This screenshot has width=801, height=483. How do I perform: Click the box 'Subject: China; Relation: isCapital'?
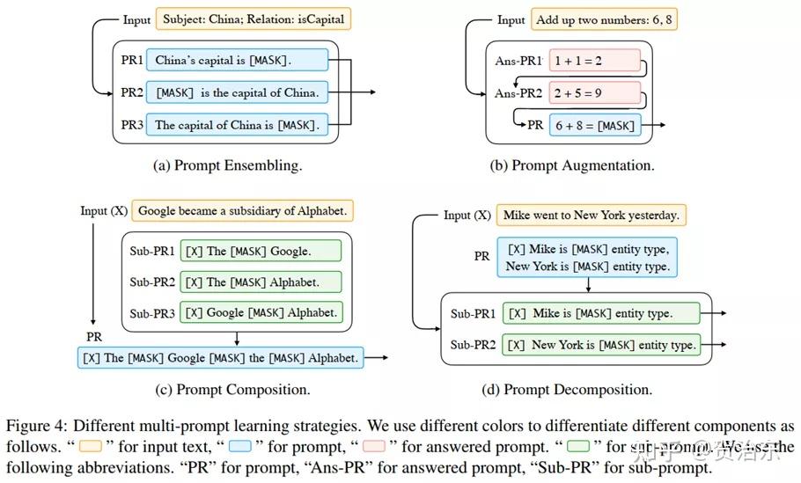click(254, 18)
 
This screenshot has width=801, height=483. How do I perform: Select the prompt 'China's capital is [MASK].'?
click(237, 61)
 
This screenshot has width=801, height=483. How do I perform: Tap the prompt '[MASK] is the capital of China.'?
click(237, 92)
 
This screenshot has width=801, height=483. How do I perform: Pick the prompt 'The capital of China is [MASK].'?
click(237, 125)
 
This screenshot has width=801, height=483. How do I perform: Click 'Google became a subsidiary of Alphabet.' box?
click(244, 211)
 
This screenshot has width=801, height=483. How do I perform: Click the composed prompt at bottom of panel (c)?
click(220, 357)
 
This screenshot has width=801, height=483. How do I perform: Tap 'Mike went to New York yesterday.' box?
click(592, 215)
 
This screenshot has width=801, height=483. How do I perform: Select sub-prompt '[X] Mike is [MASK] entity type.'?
click(601, 313)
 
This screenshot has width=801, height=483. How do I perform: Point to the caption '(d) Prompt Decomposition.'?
click(578, 389)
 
